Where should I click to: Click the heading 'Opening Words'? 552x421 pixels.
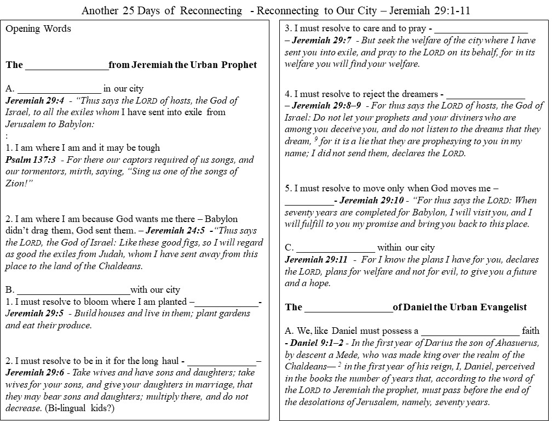[38, 29]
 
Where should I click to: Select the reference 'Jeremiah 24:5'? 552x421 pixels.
[176, 231]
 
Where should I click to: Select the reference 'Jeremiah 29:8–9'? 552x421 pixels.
[326, 105]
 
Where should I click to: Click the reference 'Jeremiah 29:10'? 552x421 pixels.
[366, 201]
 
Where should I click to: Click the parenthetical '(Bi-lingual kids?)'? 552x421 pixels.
[87, 408]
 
